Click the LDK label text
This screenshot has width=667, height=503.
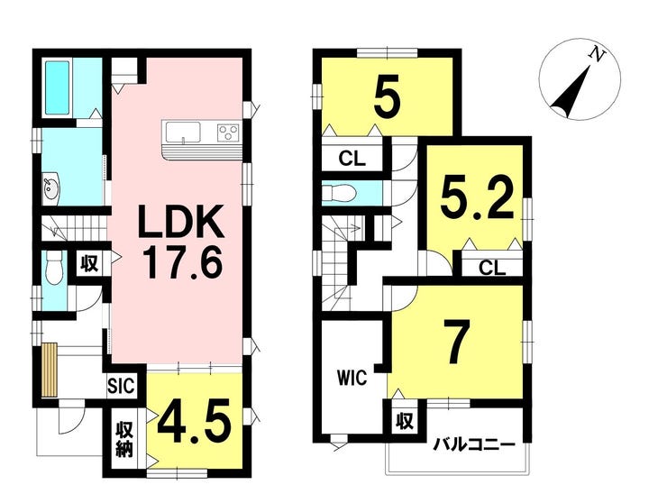(182, 222)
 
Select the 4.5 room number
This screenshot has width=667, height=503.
(195, 423)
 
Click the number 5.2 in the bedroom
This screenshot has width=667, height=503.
(477, 199)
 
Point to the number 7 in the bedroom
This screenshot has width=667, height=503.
(456, 342)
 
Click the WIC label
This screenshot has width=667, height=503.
(352, 378)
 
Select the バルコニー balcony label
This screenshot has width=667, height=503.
(474, 446)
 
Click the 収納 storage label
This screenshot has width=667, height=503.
(125, 441)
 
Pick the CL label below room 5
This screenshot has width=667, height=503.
(352, 159)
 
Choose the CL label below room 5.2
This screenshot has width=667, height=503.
(492, 268)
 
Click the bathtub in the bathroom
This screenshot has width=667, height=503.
(58, 87)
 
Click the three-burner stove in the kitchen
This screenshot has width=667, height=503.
(228, 133)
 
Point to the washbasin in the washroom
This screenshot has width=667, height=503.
(52, 187)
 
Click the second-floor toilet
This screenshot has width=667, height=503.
(339, 194)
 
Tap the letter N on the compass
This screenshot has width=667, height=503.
(598, 54)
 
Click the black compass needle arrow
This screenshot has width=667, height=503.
(571, 92)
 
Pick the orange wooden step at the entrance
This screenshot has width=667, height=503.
(49, 370)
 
